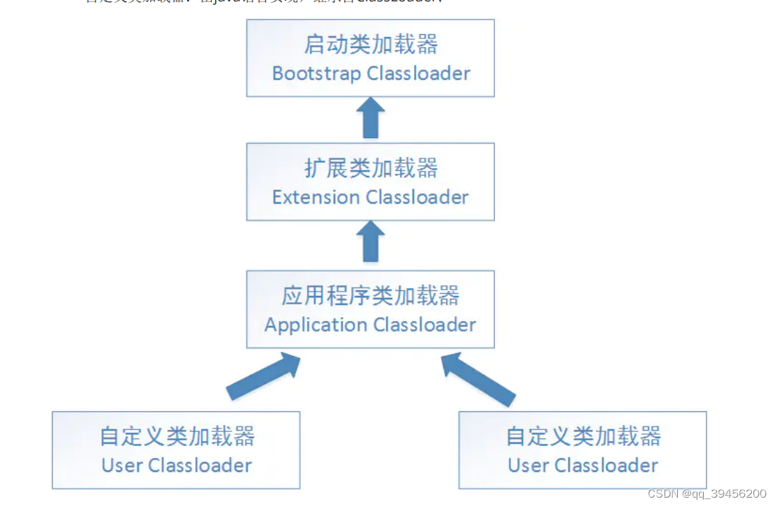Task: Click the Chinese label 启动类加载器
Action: [x=371, y=45]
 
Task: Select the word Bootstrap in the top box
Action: [x=317, y=73]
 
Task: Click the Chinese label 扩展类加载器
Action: [x=371, y=168]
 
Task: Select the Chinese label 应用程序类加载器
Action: [x=371, y=296]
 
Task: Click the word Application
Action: [x=316, y=325]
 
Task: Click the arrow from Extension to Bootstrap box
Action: [x=371, y=117]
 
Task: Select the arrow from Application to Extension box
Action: [x=371, y=242]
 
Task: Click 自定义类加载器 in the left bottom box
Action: [x=177, y=436]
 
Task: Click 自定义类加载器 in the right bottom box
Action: [x=583, y=436]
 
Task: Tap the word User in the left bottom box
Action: [x=122, y=466]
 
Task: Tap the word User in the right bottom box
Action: [x=528, y=466]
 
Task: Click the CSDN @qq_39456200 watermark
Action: [x=706, y=494]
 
